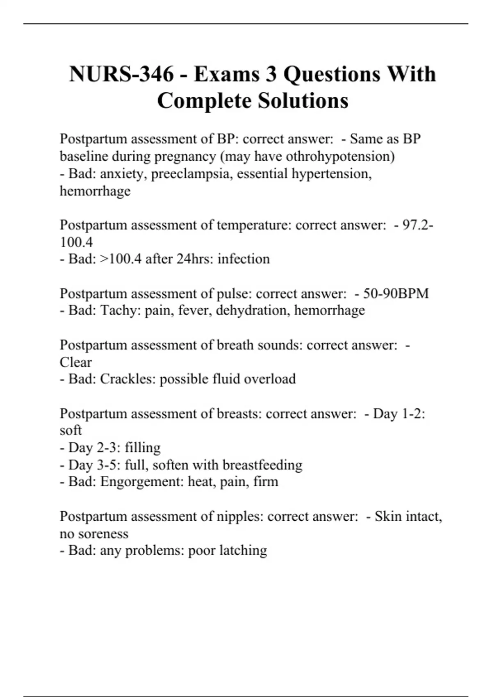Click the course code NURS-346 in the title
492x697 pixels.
[x=121, y=74]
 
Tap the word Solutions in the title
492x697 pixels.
[x=303, y=100]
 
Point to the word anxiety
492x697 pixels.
[x=123, y=174]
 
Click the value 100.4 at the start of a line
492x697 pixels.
[x=76, y=242]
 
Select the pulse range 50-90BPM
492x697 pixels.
[x=396, y=294]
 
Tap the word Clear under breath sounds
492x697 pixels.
[x=76, y=362]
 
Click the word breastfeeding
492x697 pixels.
[x=262, y=465]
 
